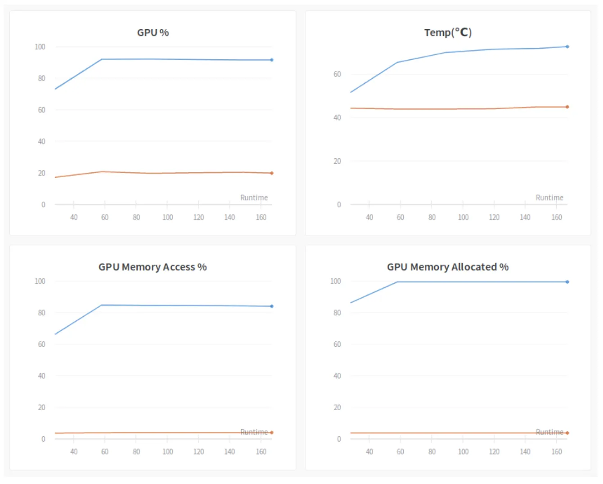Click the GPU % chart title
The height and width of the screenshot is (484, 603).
point(153,32)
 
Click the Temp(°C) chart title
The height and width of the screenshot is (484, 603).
point(448,32)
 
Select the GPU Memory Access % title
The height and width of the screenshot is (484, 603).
point(153,267)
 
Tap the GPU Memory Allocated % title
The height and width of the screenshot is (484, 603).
point(448,267)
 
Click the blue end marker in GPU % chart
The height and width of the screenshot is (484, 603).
point(272,60)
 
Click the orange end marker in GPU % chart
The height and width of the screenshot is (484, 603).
point(272,173)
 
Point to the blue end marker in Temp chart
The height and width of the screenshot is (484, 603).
point(567,47)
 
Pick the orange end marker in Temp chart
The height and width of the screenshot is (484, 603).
point(567,107)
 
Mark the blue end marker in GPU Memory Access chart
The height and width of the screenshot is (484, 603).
point(272,306)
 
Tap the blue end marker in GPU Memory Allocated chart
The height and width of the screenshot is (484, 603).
point(567,282)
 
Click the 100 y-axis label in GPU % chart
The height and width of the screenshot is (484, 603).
point(40,47)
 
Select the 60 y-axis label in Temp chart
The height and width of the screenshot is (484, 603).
point(337,74)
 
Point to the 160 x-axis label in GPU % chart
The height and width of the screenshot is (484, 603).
point(261,217)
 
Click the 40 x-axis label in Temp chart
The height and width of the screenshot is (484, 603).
point(369,217)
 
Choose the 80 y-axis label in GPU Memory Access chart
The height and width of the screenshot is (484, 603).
point(41,313)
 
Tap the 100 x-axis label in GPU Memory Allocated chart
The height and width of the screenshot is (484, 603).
point(463,452)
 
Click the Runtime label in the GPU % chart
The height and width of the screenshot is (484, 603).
point(254,197)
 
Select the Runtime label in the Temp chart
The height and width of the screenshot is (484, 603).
point(549,197)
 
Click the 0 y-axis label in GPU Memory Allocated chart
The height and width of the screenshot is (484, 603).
point(339,439)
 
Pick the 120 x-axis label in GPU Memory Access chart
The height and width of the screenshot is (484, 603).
point(198,452)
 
